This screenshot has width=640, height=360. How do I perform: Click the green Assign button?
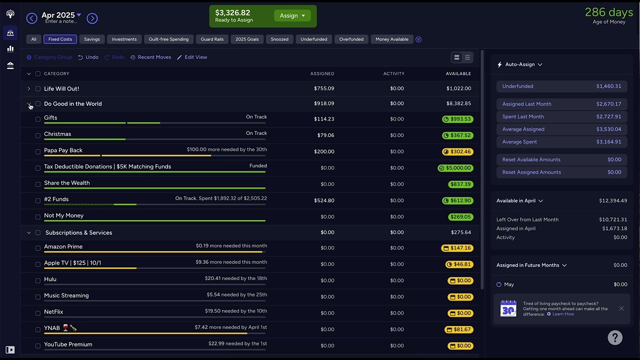pos(292,15)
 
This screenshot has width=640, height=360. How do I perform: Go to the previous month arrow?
pos(31,18)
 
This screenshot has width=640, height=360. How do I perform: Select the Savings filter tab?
pos(91,39)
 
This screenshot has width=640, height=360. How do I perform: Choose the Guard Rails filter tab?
pos(212,39)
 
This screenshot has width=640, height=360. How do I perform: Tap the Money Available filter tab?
pos(391,39)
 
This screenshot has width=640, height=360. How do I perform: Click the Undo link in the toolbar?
pos(88,57)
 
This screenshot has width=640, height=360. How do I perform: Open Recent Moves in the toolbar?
pos(151,57)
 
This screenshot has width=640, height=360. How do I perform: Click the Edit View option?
pos(192,57)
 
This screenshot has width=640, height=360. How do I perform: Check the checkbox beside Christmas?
pos(37,135)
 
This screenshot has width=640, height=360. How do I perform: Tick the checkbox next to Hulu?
pos(37,280)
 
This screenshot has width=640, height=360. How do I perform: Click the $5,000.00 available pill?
pos(455,168)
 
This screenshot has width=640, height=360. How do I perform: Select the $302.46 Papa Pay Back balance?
pos(457,151)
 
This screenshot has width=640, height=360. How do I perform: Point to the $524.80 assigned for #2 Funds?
pos(324,200)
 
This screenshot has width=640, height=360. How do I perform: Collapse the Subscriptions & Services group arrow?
pos(29,232)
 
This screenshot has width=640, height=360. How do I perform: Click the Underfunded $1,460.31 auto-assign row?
pos(561,86)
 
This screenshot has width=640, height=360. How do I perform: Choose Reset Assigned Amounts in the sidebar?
pos(561,172)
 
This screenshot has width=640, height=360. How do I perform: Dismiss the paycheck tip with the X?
pos(621,308)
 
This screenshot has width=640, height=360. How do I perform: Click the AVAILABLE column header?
pos(458,73)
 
